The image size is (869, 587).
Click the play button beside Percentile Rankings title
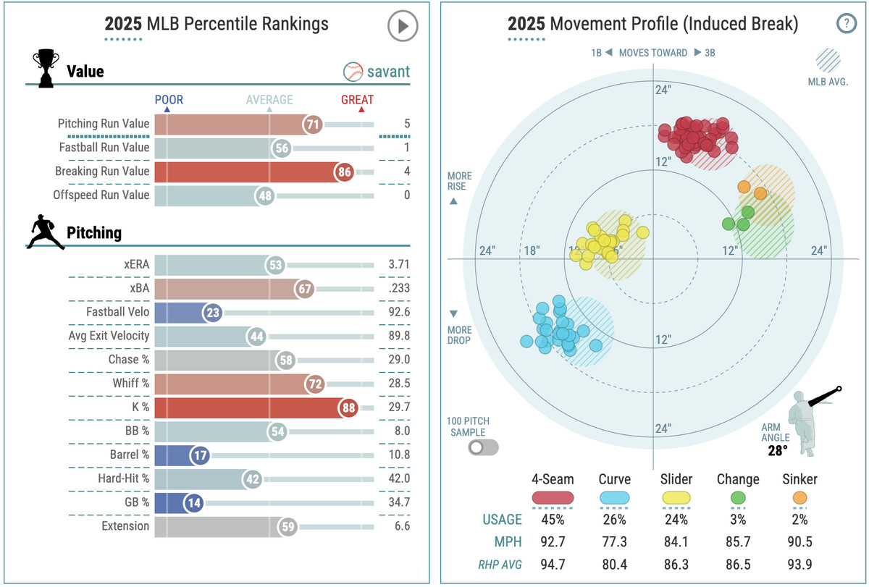point(403,26)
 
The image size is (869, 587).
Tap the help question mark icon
point(846,23)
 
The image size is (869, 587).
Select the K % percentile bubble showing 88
point(350,407)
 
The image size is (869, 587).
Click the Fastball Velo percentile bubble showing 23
point(213,312)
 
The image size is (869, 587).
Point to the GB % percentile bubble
point(193,502)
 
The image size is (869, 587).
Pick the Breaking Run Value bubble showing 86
point(344,172)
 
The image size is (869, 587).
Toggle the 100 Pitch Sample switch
point(483,447)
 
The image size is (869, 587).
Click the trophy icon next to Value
point(45,69)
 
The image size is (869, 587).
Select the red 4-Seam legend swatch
point(553,498)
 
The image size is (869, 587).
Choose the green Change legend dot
point(738,498)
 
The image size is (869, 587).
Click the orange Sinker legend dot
point(799,498)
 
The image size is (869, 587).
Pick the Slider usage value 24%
point(676,519)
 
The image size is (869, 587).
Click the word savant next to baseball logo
point(388,72)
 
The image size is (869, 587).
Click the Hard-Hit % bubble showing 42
point(253,478)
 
